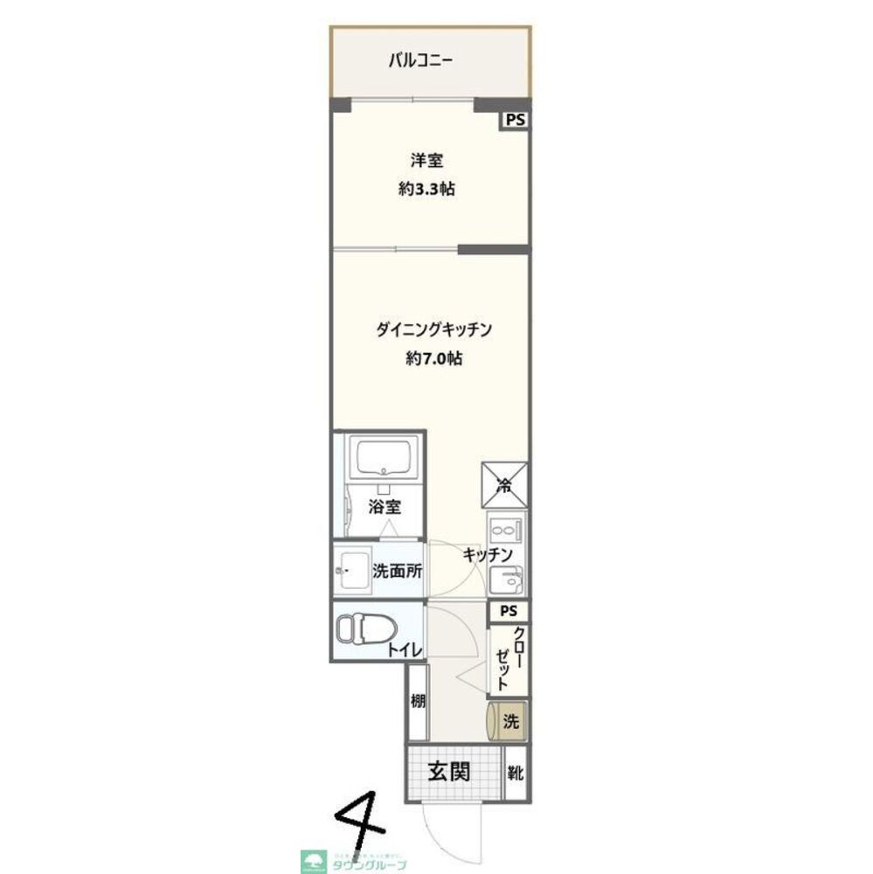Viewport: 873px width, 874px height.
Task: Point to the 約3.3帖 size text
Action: pyautogui.click(x=426, y=189)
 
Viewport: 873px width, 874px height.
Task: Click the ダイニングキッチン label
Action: pyautogui.click(x=435, y=330)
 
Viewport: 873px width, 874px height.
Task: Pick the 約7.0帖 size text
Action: pyautogui.click(x=434, y=358)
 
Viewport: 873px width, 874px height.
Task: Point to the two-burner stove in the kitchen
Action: pyautogui.click(x=505, y=530)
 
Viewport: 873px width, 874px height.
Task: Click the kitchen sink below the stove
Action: pyautogui.click(x=505, y=579)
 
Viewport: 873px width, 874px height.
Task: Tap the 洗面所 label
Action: pyautogui.click(x=398, y=572)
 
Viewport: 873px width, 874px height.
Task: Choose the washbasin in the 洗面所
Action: pyautogui.click(x=353, y=572)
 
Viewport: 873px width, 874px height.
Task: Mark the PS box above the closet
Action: pyautogui.click(x=509, y=612)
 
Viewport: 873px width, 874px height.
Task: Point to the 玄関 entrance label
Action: pyautogui.click(x=449, y=772)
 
